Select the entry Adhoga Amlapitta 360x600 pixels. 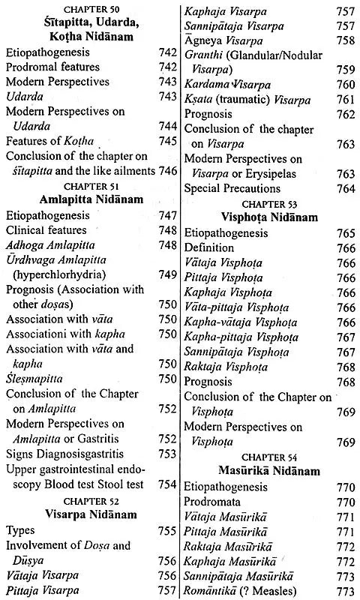click(x=49, y=244)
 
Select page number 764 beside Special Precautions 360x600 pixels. click(x=346, y=188)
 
